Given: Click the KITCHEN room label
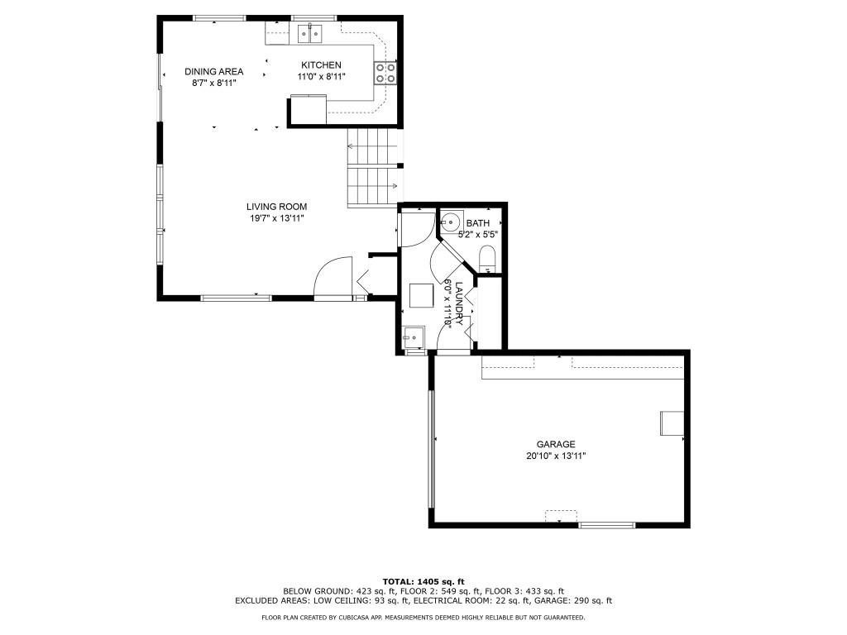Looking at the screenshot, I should pos(321,65).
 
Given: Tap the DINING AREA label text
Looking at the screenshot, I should pos(213,72).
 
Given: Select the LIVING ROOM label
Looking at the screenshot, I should pos(276,207).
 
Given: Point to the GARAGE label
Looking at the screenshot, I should pos(555,444).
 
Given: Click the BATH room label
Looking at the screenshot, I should pos(477,223).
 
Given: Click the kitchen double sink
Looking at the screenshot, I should pos(310,34).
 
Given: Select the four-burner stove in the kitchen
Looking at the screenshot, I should pos(385,73).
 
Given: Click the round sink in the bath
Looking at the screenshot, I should pos(450,222).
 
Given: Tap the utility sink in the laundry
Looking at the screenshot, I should pos(412,337).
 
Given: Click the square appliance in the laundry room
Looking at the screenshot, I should pos(421,295).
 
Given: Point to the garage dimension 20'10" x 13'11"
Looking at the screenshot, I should pos(555,456).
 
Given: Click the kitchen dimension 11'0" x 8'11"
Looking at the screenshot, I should pos(321,77).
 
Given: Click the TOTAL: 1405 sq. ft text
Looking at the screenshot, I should pos(423,580).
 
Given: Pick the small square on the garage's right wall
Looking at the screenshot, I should pos(671,423).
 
